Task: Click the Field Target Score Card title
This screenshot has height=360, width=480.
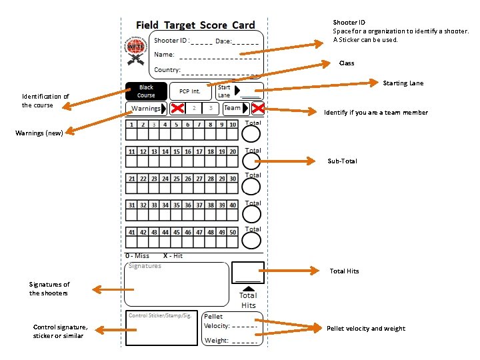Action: point(195,25)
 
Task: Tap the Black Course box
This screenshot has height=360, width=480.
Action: point(146,91)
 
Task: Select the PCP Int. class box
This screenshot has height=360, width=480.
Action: point(189,91)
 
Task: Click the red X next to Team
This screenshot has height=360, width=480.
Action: point(257,109)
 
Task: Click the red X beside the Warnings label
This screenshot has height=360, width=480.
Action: point(177,109)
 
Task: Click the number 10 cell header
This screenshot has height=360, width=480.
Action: point(233,125)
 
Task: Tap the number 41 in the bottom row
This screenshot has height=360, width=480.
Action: point(133,232)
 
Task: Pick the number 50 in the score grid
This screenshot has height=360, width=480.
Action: point(233,232)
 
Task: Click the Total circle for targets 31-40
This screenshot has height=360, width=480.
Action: point(251,213)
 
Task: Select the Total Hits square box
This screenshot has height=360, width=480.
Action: point(248,273)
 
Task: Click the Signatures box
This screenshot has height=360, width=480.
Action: point(177,284)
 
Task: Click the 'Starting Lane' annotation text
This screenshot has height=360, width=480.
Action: point(403,83)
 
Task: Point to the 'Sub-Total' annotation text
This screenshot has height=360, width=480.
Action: point(343,161)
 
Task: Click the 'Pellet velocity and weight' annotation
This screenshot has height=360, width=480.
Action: point(365,329)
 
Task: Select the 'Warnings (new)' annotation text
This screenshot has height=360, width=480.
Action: point(39,133)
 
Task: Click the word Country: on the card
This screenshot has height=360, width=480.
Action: point(167,70)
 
